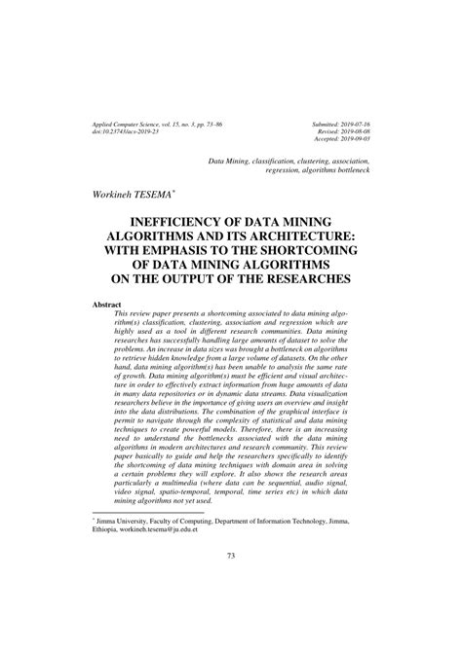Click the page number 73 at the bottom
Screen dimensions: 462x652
click(230, 583)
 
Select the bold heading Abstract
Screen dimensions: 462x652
click(106, 305)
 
